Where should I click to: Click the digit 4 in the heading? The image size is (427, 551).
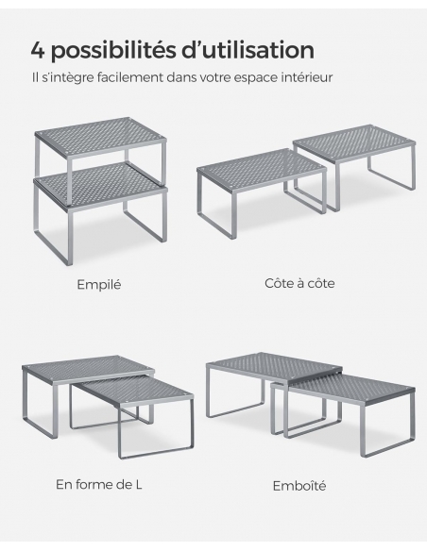tap(38, 50)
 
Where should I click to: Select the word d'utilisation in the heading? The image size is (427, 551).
tap(248, 50)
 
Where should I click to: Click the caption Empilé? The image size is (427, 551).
tap(99, 284)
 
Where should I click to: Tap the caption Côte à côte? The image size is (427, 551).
tap(299, 283)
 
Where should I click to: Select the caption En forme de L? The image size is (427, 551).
tap(99, 485)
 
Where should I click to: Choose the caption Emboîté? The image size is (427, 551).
tap(299, 486)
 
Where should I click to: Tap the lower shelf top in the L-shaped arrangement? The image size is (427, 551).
tap(132, 389)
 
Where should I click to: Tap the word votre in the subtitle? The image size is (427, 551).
tap(214, 77)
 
